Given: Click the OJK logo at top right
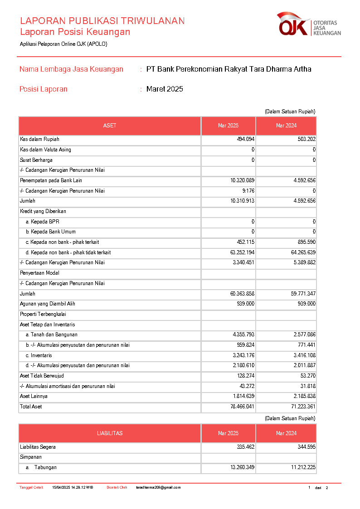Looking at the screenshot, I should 309,24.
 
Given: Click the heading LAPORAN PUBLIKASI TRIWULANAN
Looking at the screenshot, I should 102,21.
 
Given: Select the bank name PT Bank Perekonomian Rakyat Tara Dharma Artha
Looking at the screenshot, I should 229,69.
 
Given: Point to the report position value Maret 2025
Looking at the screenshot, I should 165,89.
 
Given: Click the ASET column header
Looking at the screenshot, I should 110,126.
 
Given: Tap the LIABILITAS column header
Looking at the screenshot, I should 110,433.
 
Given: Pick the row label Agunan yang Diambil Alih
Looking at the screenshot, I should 48,304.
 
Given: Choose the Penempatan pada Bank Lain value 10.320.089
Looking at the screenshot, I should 242,180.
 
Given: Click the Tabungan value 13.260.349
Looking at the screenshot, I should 242,467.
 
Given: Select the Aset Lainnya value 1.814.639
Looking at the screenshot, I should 242,397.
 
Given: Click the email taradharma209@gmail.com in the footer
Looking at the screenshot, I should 158,488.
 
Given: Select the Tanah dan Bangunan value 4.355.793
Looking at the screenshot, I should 242,334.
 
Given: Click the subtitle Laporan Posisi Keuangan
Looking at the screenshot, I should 75,32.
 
